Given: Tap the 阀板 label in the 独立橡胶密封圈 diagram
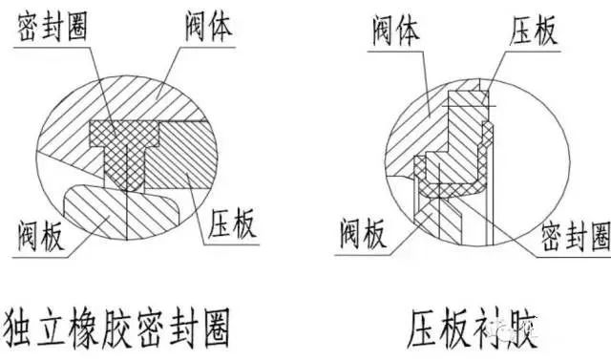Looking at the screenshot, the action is click(x=43, y=234).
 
